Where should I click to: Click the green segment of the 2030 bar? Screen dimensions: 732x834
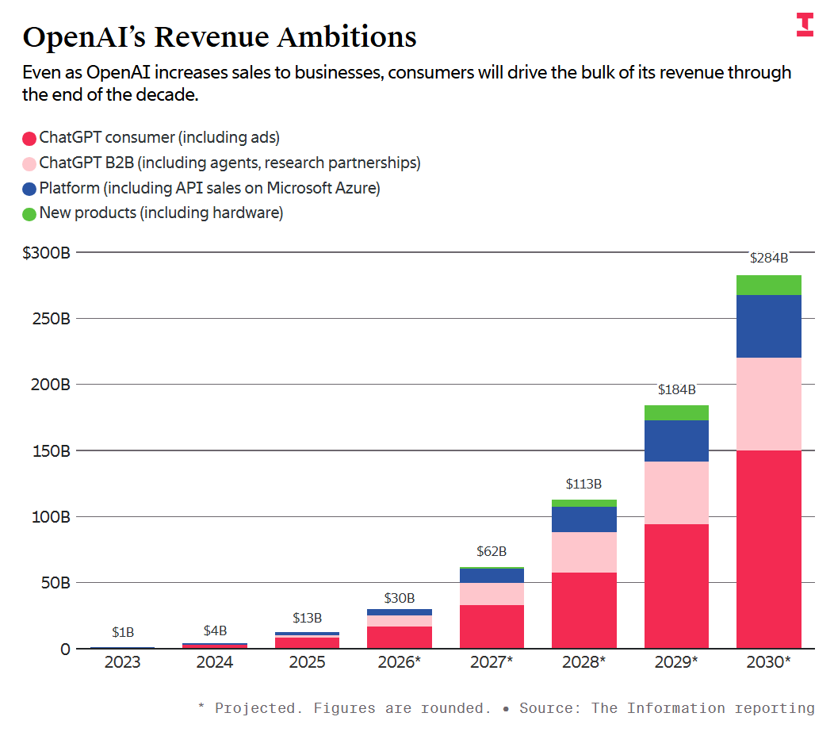(x=768, y=285)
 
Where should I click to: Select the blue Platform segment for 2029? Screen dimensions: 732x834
(x=676, y=441)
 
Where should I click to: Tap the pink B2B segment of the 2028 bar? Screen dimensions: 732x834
(x=583, y=552)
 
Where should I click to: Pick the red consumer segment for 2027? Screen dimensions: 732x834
(x=492, y=627)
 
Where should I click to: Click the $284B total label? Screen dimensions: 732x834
(x=768, y=258)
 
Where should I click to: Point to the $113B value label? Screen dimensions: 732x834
(x=583, y=483)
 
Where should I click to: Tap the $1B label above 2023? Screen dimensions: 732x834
(x=123, y=632)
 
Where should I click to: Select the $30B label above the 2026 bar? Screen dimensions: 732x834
(x=400, y=598)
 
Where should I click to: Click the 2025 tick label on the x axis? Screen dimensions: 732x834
(x=307, y=662)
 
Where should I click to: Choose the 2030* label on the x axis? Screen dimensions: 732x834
(x=768, y=662)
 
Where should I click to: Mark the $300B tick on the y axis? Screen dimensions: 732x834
(x=47, y=253)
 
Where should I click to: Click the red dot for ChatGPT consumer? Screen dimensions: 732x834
(x=29, y=138)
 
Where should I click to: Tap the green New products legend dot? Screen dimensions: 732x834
(x=29, y=213)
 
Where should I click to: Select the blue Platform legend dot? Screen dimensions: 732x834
(x=29, y=189)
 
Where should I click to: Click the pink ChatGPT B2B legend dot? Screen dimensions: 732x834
(x=29, y=163)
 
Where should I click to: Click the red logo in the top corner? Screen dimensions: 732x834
(x=805, y=24)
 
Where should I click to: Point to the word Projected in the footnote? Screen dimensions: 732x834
(x=254, y=707)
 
